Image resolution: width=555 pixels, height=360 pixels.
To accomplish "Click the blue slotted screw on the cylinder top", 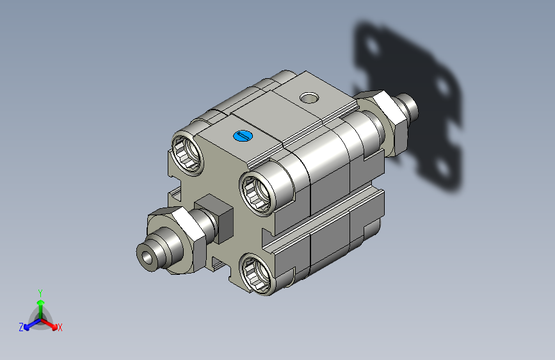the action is (x=243, y=136).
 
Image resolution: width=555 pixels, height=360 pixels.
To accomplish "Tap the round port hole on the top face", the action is (x=309, y=97).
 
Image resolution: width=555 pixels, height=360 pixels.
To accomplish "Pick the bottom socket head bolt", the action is (x=257, y=275).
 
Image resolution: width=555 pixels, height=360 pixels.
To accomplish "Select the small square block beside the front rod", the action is (x=214, y=218).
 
